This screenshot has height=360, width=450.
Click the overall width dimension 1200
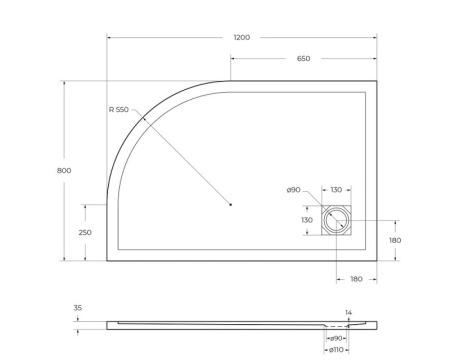coord(241,37)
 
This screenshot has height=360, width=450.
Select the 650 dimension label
coord(303,59)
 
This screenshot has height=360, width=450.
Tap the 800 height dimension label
coord(64,171)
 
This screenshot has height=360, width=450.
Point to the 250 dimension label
coord(86,232)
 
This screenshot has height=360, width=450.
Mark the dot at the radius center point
coord(230,205)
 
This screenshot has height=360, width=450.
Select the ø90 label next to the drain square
coord(293,190)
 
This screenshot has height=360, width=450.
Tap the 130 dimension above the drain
coord(336,190)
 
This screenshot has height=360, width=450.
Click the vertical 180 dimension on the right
coord(394,240)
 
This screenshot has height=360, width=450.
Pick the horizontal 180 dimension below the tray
coord(356,278)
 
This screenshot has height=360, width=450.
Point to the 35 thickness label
coord(79,308)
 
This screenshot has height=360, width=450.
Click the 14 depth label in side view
coord(349,314)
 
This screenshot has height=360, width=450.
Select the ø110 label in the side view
coord(336,350)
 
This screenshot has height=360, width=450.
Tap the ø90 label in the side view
coord(337,338)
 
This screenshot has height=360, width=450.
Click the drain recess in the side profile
coord(336,325)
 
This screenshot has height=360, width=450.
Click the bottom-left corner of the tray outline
coord(107,260)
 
